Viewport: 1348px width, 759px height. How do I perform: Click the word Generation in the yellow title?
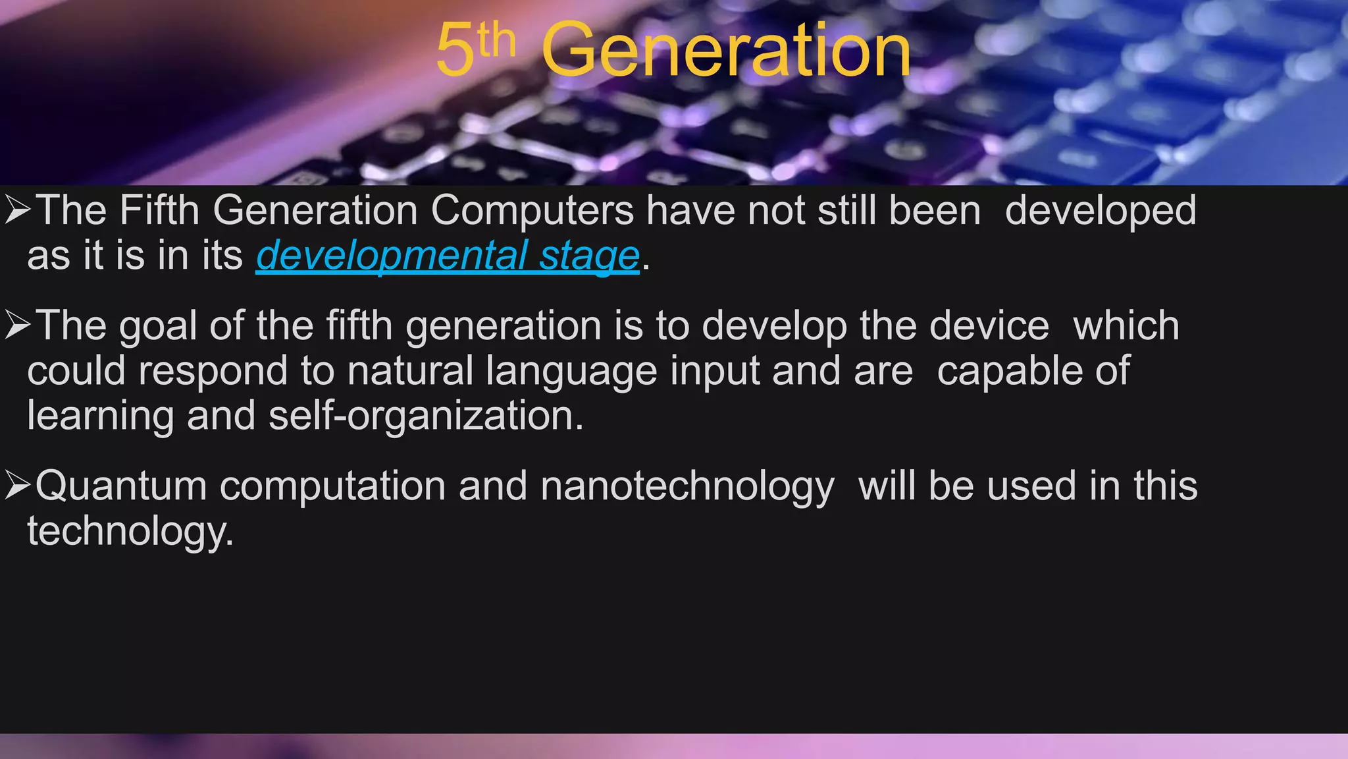(x=726, y=50)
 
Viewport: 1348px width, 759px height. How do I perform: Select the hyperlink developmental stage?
(x=448, y=256)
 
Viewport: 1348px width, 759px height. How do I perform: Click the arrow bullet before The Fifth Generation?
(x=17, y=210)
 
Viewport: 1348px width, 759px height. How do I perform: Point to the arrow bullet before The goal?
(x=17, y=325)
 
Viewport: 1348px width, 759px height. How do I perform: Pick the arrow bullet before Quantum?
(x=17, y=486)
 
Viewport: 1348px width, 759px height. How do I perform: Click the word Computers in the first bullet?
(x=532, y=211)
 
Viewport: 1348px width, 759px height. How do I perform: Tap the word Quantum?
(x=121, y=486)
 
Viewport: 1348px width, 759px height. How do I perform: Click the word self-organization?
(x=426, y=416)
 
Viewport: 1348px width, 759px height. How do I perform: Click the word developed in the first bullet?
(x=1101, y=212)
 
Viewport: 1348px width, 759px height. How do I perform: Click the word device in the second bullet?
(x=989, y=326)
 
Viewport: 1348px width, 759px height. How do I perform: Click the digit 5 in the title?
(x=455, y=50)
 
